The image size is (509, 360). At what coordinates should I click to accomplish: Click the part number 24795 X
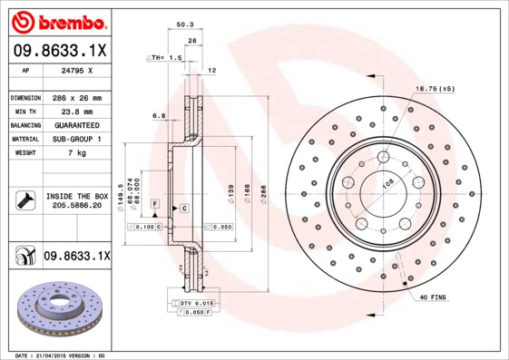tap(77, 71)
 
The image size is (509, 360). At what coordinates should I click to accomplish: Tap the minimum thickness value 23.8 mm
tap(77, 112)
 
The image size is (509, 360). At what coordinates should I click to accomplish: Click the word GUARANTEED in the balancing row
tap(77, 125)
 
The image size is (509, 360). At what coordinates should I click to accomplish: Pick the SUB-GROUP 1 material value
tap(77, 140)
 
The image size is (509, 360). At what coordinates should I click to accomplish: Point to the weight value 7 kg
tap(77, 153)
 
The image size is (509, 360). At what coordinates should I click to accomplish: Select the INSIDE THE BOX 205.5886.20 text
tap(77, 200)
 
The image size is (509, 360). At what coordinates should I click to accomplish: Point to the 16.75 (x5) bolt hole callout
tap(434, 89)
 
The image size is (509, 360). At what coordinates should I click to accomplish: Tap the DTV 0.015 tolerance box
tap(194, 302)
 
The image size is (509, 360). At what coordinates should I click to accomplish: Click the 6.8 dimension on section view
tap(159, 115)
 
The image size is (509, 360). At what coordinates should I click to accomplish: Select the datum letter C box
tap(183, 209)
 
